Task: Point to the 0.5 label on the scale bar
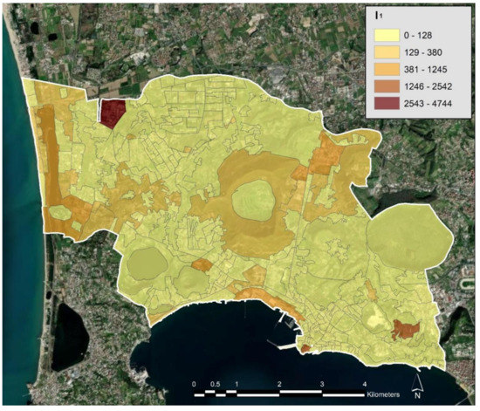(215, 384)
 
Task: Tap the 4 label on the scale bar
(364, 384)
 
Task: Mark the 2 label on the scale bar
(278, 384)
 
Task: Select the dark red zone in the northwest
(112, 113)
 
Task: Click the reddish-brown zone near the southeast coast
(404, 329)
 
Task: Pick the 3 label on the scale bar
(321, 384)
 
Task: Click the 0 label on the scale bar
(194, 384)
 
